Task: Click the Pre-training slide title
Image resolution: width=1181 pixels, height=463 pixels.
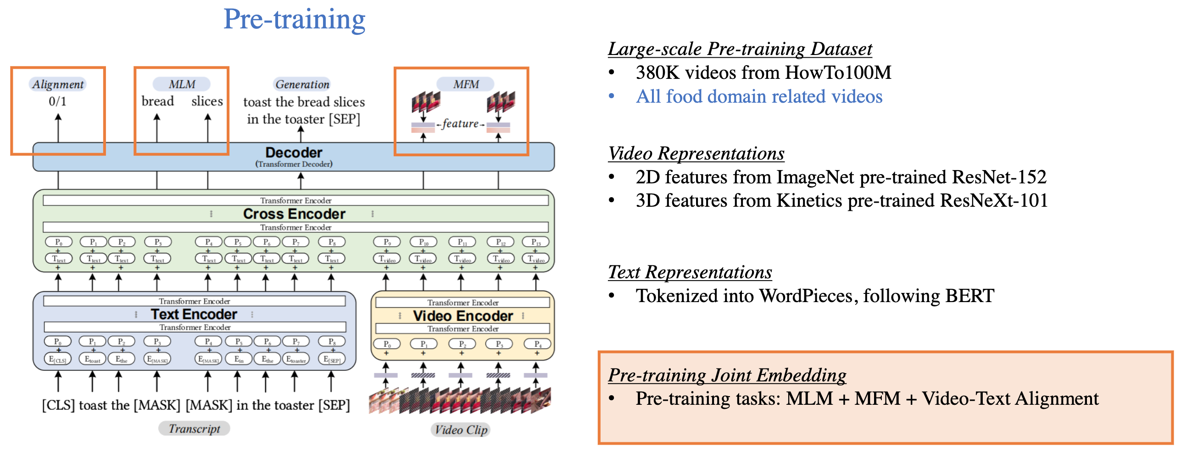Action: pyautogui.click(x=294, y=19)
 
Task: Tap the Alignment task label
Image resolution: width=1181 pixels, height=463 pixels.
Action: pyautogui.click(x=58, y=84)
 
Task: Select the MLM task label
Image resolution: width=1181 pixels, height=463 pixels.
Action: pyautogui.click(x=182, y=84)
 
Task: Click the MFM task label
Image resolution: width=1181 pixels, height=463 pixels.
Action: pyautogui.click(x=466, y=84)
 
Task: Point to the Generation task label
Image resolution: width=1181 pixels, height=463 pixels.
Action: pyautogui.click(x=302, y=84)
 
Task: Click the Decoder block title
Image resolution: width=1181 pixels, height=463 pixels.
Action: pyautogui.click(x=294, y=153)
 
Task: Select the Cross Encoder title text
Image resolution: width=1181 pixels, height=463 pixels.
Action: pyautogui.click(x=294, y=214)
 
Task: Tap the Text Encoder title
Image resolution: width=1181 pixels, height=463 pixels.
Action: pyautogui.click(x=194, y=314)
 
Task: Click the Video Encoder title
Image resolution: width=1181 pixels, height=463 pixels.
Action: pyautogui.click(x=462, y=316)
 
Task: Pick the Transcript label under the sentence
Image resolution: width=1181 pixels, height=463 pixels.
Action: pyautogui.click(x=194, y=429)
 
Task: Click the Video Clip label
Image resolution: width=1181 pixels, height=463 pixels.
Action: pyautogui.click(x=461, y=430)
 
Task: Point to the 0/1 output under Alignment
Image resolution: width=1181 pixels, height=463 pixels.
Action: pyautogui.click(x=58, y=101)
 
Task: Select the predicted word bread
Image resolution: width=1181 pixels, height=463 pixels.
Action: pyautogui.click(x=158, y=101)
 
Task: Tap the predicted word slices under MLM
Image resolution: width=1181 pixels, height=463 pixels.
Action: pyautogui.click(x=207, y=101)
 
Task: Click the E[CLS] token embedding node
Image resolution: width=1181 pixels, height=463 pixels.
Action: pyautogui.click(x=58, y=359)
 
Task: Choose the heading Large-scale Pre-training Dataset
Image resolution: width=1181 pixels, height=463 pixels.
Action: pyautogui.click(x=740, y=49)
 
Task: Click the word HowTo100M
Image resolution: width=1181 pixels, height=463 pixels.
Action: pyautogui.click(x=838, y=72)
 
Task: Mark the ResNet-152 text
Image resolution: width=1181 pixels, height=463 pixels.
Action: pyautogui.click(x=999, y=177)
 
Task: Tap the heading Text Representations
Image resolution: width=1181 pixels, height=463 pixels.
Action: pyautogui.click(x=690, y=272)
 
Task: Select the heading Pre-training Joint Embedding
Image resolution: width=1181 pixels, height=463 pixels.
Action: pyautogui.click(x=727, y=375)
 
